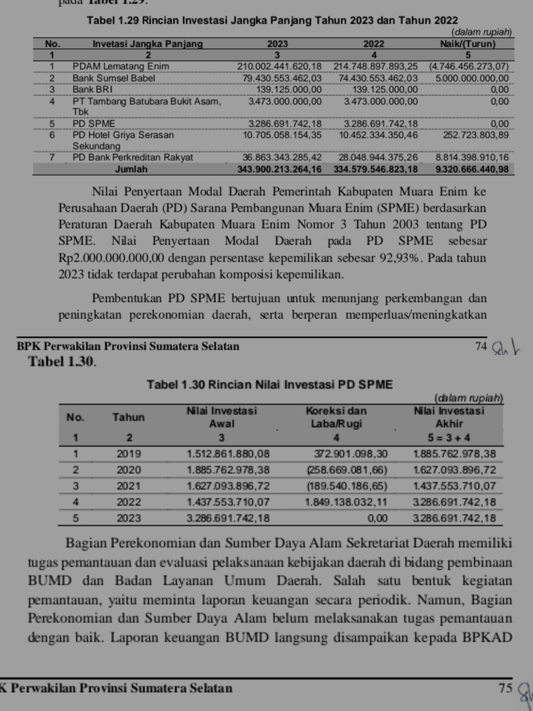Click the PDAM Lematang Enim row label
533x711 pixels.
pyautogui.click(x=120, y=67)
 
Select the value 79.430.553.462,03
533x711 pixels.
pyautogui.click(x=282, y=78)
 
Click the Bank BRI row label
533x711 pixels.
pyautogui.click(x=92, y=89)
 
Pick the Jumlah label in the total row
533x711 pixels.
pyautogui.click(x=131, y=169)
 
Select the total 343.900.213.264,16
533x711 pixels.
pyautogui.click(x=279, y=169)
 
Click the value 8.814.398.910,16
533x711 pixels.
pyautogui.click(x=472, y=157)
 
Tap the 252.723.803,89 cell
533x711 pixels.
pyautogui.click(x=476, y=135)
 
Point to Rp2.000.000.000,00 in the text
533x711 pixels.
pyautogui.click(x=111, y=258)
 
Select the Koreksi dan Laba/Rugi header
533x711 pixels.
pyautogui.click(x=336, y=417)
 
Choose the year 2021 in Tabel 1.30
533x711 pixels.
pyautogui.click(x=129, y=486)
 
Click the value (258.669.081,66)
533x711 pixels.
pyautogui.click(x=347, y=470)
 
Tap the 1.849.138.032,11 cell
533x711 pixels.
pyautogui.click(x=346, y=502)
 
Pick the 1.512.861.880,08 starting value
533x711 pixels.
pyautogui.click(x=228, y=454)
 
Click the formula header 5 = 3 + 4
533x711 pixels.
pyautogui.click(x=449, y=437)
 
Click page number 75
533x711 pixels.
pyautogui.click(x=505, y=688)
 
